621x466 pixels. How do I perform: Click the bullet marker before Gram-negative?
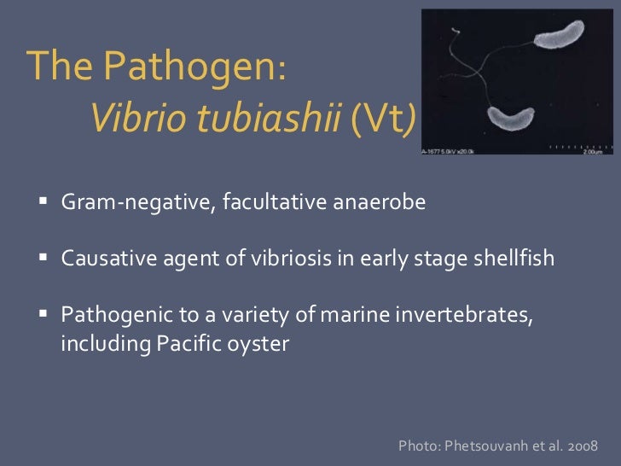pyautogui.click(x=44, y=206)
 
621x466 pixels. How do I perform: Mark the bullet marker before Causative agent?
pyautogui.click(x=44, y=259)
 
